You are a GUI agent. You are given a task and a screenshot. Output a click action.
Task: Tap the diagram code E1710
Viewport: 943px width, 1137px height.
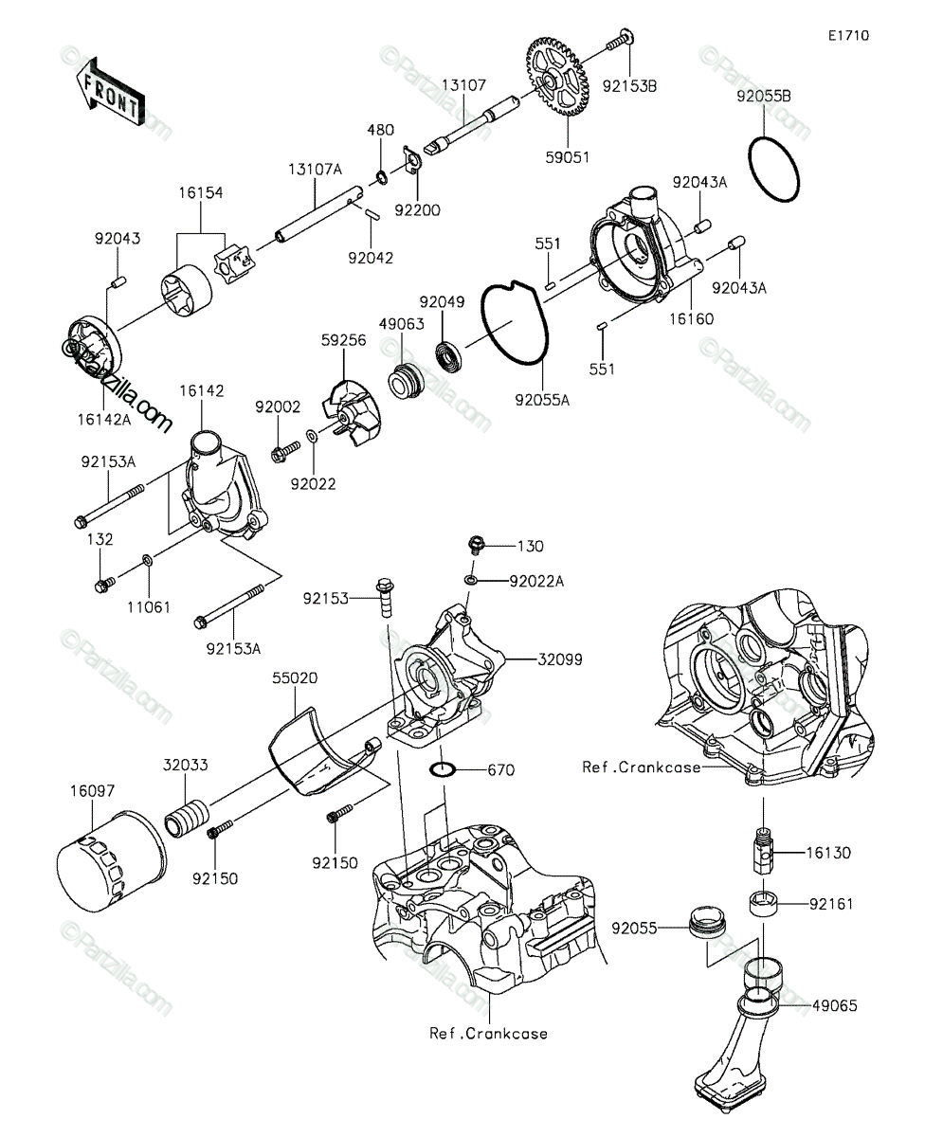pos(849,36)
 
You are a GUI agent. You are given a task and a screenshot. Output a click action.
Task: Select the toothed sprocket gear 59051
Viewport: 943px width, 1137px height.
pos(557,76)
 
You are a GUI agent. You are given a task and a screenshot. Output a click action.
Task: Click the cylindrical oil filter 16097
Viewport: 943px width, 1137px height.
pos(112,861)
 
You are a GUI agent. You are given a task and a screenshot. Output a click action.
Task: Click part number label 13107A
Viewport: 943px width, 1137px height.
pos(315,170)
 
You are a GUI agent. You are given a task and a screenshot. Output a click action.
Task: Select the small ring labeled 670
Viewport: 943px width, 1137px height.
pos(443,769)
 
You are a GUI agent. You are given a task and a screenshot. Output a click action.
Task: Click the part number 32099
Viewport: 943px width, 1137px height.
pos(559,659)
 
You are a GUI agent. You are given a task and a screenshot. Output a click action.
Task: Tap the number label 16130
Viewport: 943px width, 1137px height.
pos(828,852)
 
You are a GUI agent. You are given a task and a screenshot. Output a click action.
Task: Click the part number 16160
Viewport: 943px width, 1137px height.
pos(691,318)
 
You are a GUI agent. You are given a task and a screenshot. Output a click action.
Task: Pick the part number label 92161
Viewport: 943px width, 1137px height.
pos(831,904)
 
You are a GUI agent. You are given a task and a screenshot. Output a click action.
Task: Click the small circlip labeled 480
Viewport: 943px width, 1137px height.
pos(381,177)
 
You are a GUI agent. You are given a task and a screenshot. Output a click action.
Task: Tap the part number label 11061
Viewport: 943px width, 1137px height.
pos(149,606)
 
